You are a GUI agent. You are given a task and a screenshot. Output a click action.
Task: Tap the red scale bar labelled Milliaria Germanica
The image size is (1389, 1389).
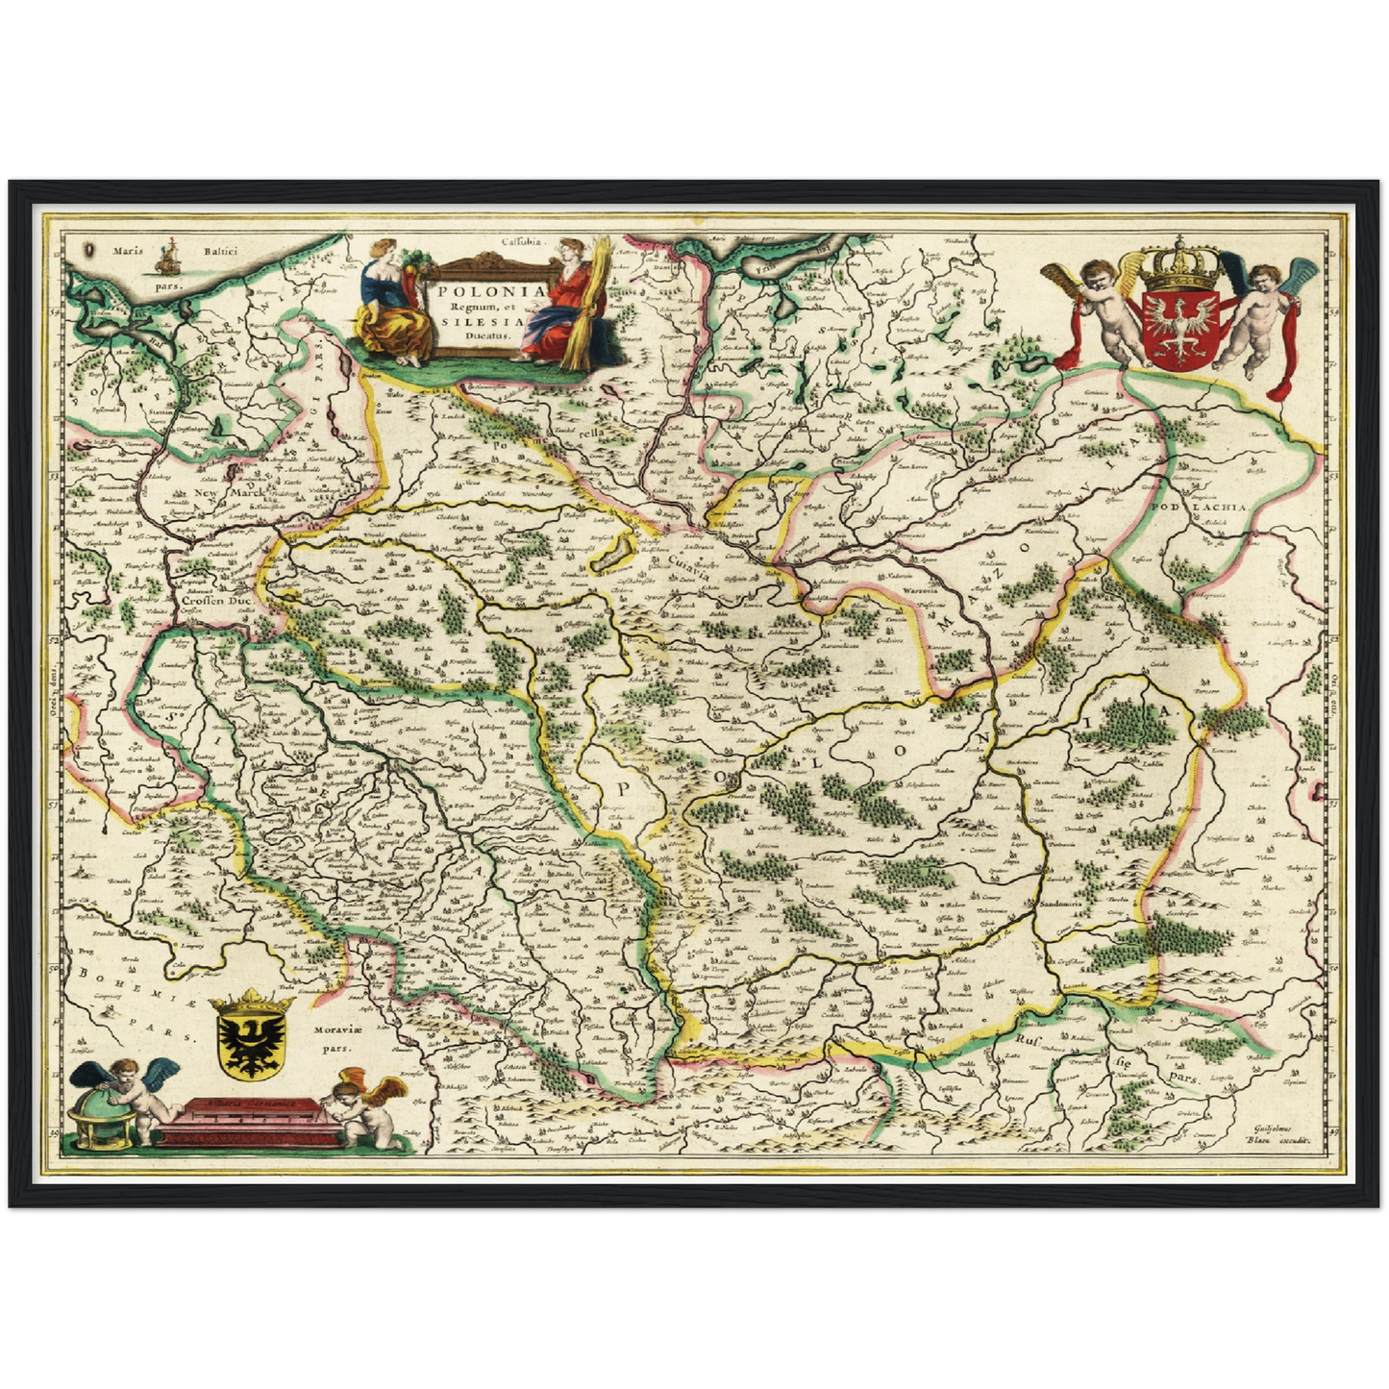245,1121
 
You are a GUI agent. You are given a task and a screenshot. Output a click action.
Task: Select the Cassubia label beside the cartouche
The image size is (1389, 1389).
521,243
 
